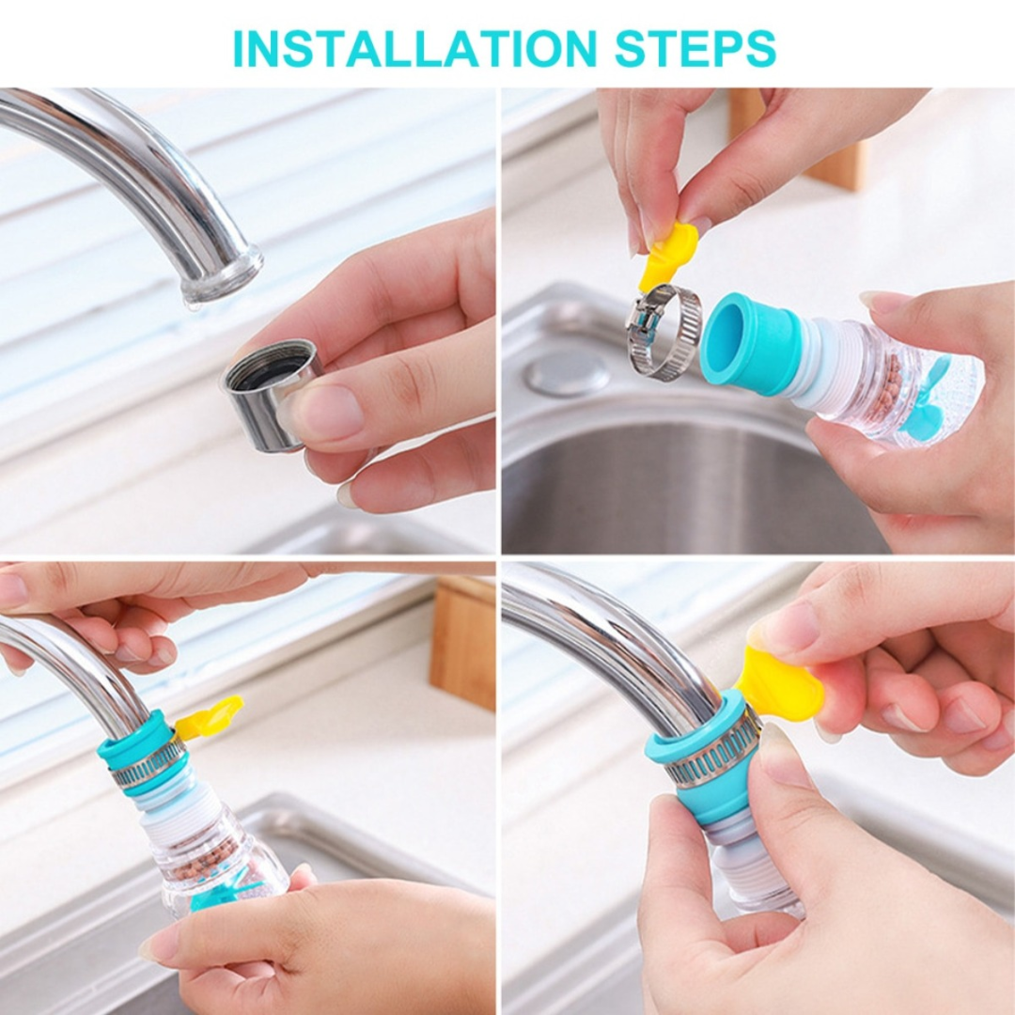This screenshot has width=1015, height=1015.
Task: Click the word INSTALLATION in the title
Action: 414,48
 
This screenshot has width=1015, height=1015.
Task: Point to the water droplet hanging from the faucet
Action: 194,302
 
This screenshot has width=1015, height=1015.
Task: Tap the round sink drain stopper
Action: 567,373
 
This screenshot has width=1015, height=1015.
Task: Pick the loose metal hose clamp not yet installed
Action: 665,332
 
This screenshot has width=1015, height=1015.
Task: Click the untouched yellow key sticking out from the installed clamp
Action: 209,717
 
